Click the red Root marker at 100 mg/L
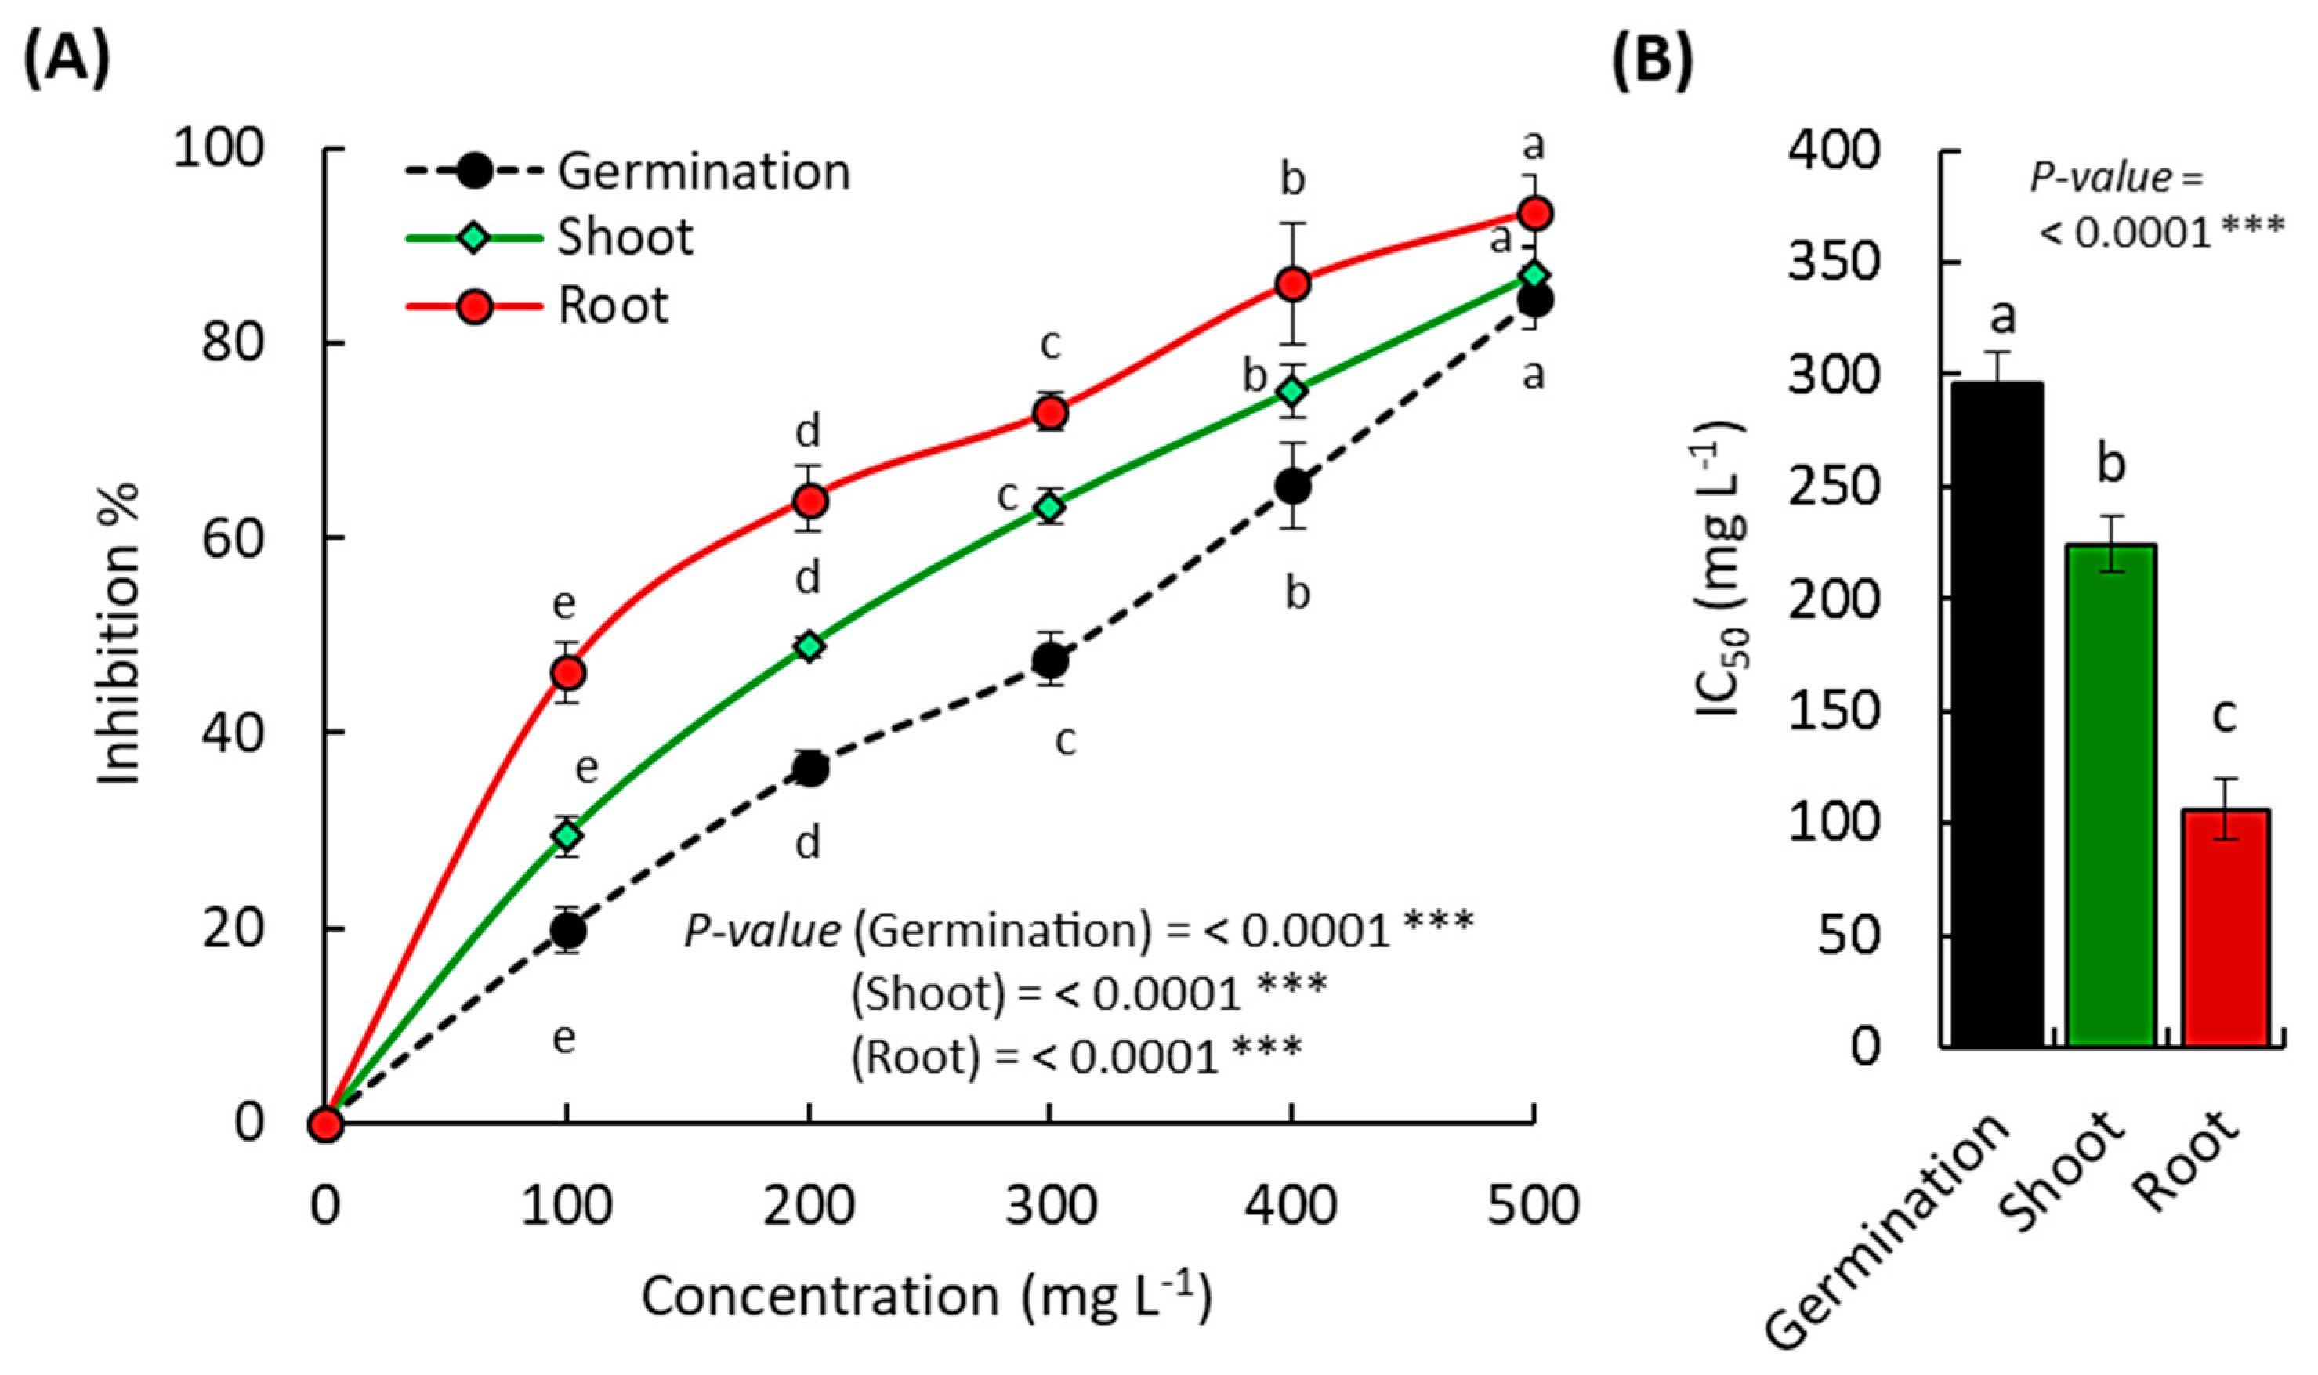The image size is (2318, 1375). tap(567, 671)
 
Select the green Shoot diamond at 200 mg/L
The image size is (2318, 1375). tap(809, 646)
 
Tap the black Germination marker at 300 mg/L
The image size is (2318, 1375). tap(1049, 660)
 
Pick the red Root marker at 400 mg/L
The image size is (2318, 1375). tap(1292, 284)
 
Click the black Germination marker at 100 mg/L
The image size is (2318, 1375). tap(567, 929)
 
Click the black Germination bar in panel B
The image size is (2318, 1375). tap(1998, 714)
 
